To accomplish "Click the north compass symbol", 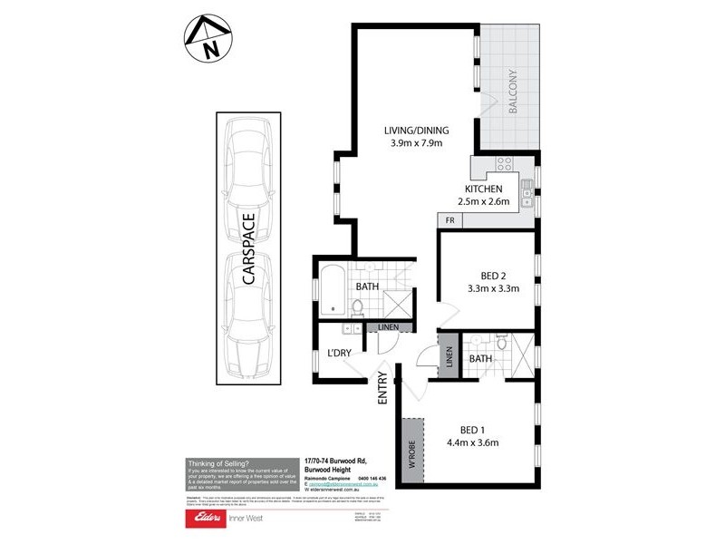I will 207,40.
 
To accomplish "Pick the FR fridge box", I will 449,220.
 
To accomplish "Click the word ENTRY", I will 382,388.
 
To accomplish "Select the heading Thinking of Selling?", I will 220,462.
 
